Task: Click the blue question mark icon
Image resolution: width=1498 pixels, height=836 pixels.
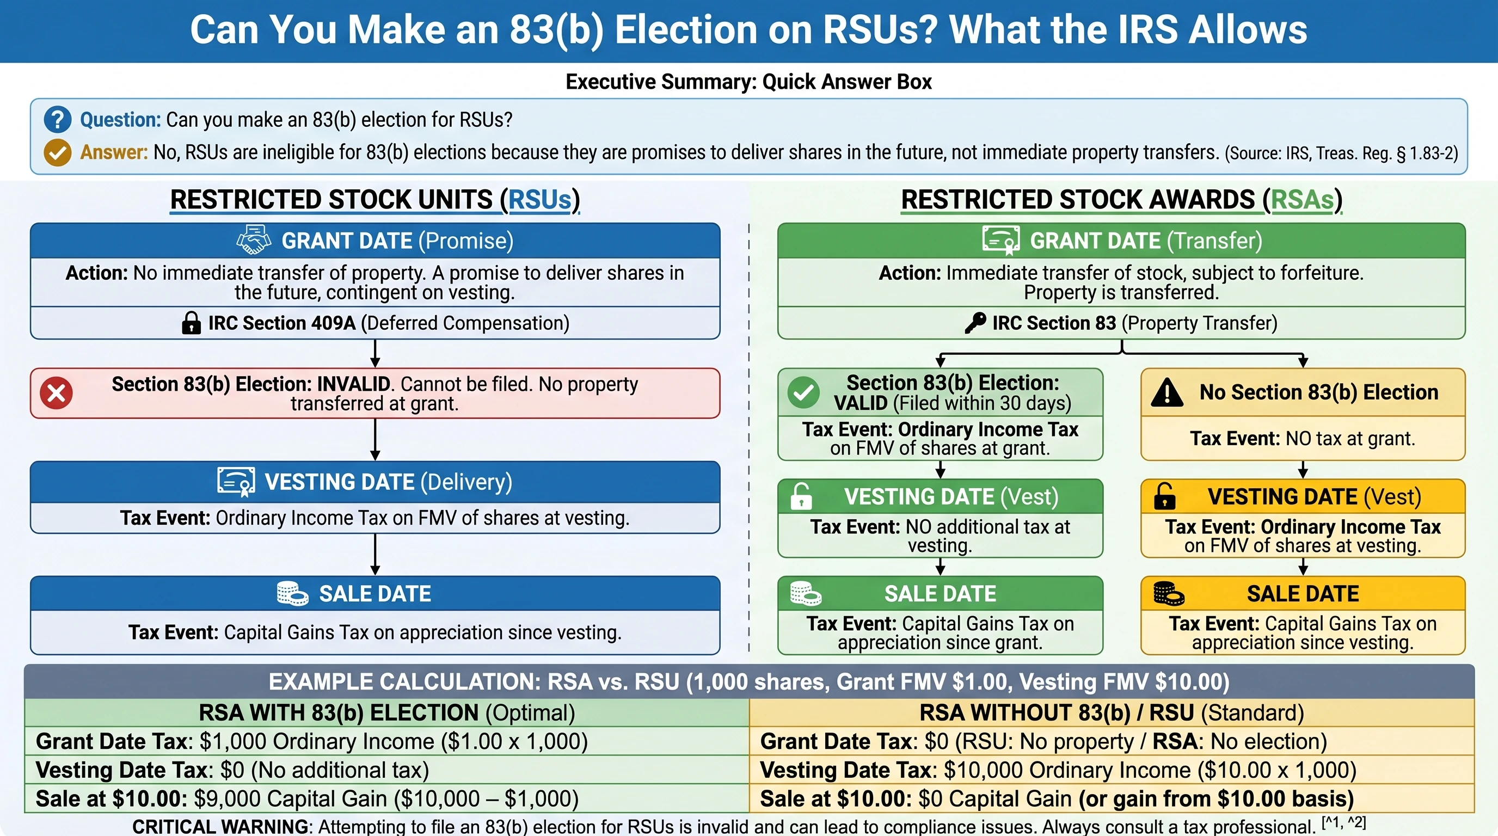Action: pyautogui.click(x=58, y=120)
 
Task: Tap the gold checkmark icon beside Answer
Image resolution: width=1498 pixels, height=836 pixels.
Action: pyautogui.click(x=58, y=152)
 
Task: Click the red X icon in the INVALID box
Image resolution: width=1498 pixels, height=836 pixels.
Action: pyautogui.click(x=57, y=393)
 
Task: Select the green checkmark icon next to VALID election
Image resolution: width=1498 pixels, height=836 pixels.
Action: pyautogui.click(x=803, y=392)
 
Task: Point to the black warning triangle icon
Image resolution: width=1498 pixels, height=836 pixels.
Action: pyautogui.click(x=1167, y=392)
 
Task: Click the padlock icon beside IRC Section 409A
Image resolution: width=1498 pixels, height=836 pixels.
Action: pyautogui.click(x=191, y=323)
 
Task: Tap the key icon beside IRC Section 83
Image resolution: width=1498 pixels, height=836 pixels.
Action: pyautogui.click(x=975, y=323)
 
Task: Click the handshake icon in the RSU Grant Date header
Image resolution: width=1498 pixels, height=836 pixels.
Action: pyautogui.click(x=254, y=241)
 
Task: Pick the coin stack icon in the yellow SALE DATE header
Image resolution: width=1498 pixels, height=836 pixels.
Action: pyautogui.click(x=1168, y=594)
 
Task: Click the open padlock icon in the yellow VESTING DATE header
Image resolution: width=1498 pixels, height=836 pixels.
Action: pyautogui.click(x=1164, y=496)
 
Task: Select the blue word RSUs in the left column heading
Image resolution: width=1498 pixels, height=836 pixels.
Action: pyautogui.click(x=539, y=200)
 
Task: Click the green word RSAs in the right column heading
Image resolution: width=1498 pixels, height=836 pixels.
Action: pyautogui.click(x=1302, y=200)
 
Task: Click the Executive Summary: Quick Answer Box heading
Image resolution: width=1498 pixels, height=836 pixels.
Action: pyautogui.click(x=748, y=82)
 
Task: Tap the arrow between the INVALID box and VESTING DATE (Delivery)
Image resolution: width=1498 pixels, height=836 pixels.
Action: pyautogui.click(x=375, y=440)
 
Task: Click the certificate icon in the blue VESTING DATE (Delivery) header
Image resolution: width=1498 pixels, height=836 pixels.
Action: pyautogui.click(x=236, y=481)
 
